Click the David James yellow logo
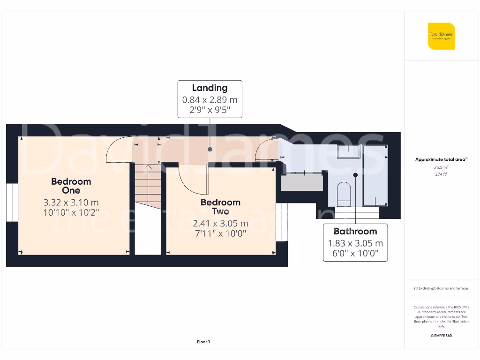[x=441, y=36]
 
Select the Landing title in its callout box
[x=210, y=88]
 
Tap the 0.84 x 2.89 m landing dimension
[x=210, y=100]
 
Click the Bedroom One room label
[x=71, y=186]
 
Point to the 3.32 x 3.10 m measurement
[x=71, y=202]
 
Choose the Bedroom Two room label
[x=220, y=207]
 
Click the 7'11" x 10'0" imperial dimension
[x=220, y=233]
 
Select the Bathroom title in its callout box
[x=355, y=231]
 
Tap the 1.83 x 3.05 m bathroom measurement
[x=355, y=243]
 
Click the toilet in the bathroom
[x=344, y=193]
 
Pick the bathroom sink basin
[x=348, y=151]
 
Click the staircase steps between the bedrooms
[x=148, y=185]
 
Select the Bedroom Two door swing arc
[x=192, y=180]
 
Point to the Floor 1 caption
[x=203, y=342]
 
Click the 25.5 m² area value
[x=441, y=167]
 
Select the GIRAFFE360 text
[x=441, y=336]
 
